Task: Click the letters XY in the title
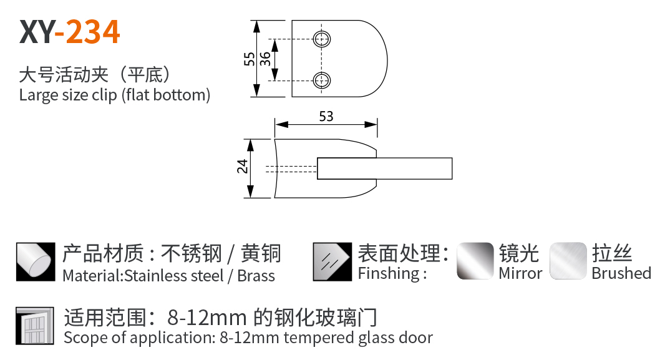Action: (x=36, y=32)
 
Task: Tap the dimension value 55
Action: (x=249, y=59)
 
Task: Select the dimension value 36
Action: (x=265, y=59)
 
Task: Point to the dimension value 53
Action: (x=326, y=117)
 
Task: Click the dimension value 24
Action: (x=243, y=167)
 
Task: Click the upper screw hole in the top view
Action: (x=323, y=39)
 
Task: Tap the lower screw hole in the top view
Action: (x=323, y=80)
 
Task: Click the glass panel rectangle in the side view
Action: (x=384, y=168)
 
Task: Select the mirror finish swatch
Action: (x=475, y=261)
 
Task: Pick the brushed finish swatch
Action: (x=568, y=261)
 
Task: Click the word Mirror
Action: (x=520, y=273)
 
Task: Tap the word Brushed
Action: (x=621, y=273)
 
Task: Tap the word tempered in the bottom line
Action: (x=318, y=338)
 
